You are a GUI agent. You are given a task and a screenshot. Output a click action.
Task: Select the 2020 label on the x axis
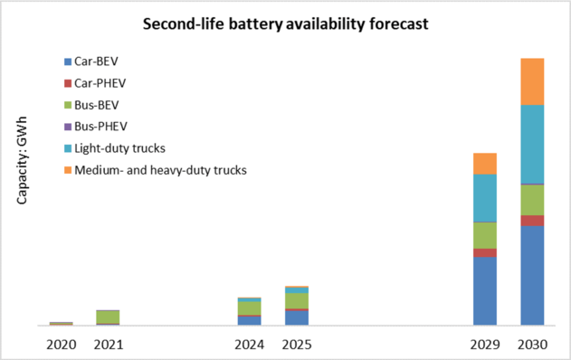62,344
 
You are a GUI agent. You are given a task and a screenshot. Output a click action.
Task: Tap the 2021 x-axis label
109,344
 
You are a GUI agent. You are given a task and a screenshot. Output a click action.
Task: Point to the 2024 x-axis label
249,344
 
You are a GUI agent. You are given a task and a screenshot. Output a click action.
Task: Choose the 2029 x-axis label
485,344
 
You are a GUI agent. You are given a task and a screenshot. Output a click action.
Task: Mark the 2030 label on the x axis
532,344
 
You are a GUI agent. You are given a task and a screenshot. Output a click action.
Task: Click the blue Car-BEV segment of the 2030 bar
532,275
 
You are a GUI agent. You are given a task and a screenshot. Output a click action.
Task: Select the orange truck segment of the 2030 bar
532,81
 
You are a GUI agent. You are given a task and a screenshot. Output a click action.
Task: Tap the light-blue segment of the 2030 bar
532,144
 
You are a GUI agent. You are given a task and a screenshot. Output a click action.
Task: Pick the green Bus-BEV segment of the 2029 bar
485,235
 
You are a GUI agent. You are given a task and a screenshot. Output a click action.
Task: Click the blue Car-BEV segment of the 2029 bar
485,290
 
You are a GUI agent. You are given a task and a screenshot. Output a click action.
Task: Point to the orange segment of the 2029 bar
485,163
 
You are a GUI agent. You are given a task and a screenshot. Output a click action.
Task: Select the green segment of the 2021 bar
109,317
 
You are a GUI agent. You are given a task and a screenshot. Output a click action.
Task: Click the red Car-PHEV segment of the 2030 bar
532,220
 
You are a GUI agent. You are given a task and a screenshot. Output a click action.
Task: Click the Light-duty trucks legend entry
119,147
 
